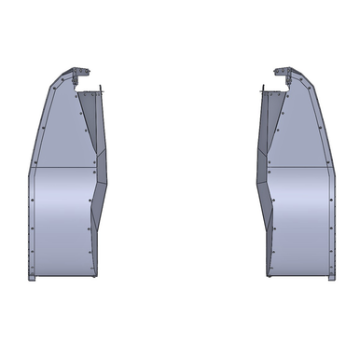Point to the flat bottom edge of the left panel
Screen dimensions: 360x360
tap(61, 278)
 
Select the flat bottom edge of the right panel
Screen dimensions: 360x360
tap(298, 278)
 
